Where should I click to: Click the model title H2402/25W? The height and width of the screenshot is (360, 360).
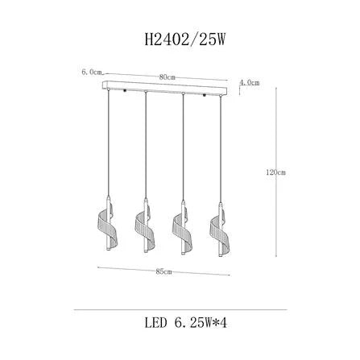click(184, 40)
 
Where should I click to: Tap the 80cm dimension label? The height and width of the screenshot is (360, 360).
click(167, 77)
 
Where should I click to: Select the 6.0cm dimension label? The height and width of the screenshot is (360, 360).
click(92, 72)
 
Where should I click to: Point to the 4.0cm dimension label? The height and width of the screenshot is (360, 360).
click(250, 83)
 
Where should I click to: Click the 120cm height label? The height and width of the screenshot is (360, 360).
click(275, 172)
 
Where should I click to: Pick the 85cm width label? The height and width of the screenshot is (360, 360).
click(163, 271)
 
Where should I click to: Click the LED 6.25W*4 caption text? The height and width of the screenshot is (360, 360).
click(186, 323)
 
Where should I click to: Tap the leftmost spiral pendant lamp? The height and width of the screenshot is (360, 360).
click(108, 223)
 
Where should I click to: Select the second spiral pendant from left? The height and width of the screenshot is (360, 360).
click(145, 225)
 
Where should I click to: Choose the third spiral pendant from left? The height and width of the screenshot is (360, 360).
click(183, 227)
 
